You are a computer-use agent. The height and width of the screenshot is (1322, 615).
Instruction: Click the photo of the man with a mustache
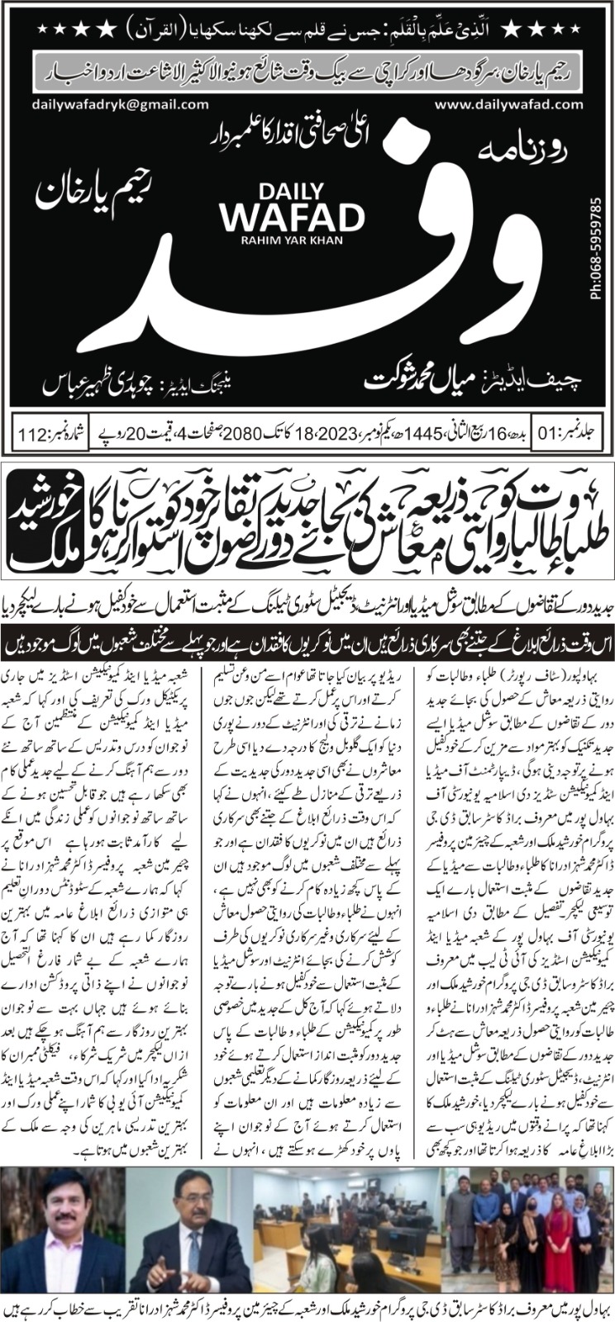[x=64, y=1233]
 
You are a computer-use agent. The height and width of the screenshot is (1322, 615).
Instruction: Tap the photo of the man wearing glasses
[x=188, y=1233]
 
